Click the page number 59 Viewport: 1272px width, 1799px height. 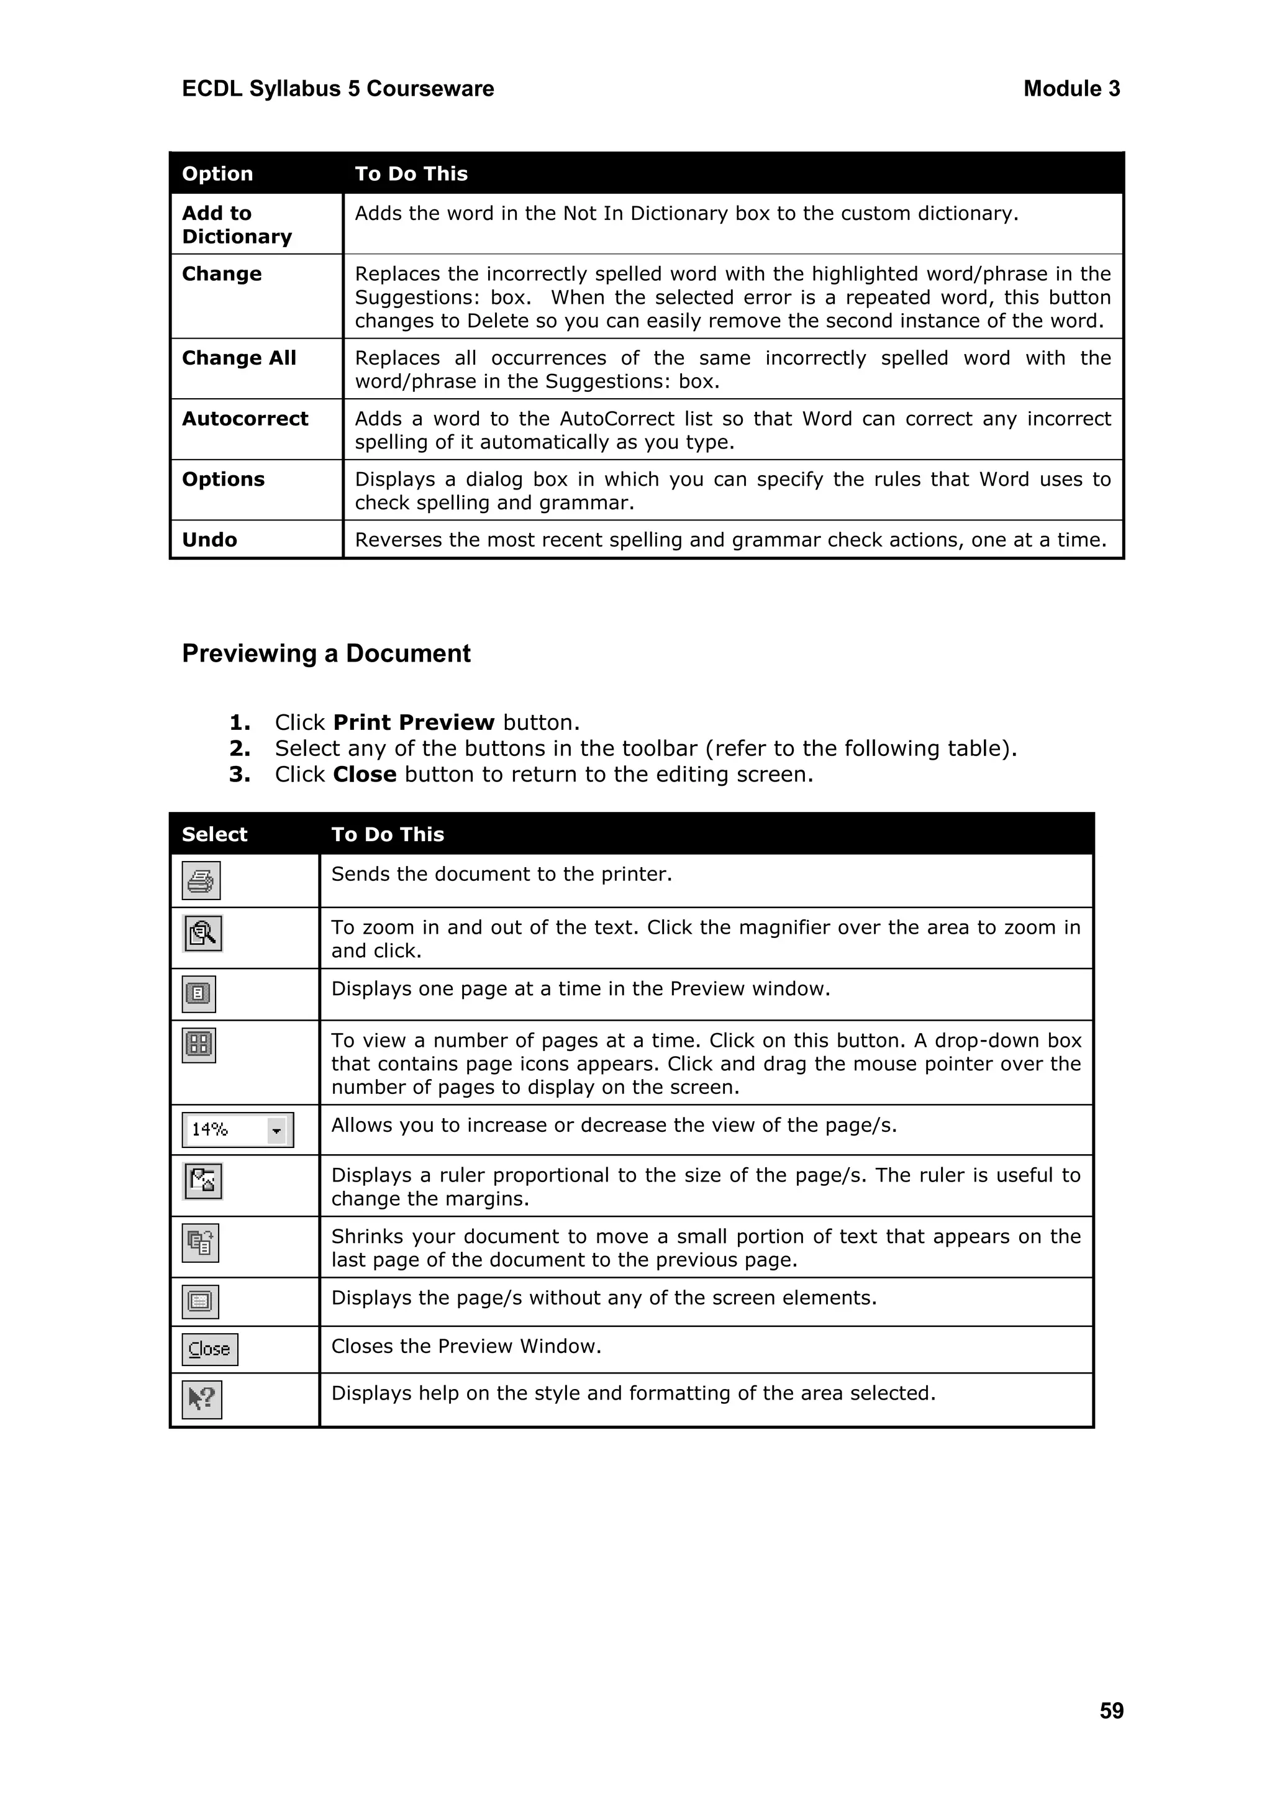pos(1111,1710)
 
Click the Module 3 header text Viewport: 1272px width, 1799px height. pos(1071,89)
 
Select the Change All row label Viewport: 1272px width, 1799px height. pos(239,358)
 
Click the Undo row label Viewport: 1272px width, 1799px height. pos(209,540)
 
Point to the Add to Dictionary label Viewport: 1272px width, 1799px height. pos(236,224)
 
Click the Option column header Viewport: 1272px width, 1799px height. pos(217,173)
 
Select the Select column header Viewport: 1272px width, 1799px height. pos(214,834)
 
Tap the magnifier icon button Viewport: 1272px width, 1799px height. pos(203,933)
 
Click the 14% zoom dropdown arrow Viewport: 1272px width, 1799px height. pos(276,1130)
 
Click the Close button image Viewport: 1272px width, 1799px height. pos(209,1349)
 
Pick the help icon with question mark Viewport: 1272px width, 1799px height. pos(201,1400)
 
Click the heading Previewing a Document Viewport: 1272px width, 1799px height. pos(326,654)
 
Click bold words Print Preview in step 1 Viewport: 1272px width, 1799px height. pos(414,722)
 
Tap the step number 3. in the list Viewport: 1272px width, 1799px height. pos(240,774)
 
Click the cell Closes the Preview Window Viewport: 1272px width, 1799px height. pos(466,1346)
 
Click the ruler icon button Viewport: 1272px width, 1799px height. pos(203,1181)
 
